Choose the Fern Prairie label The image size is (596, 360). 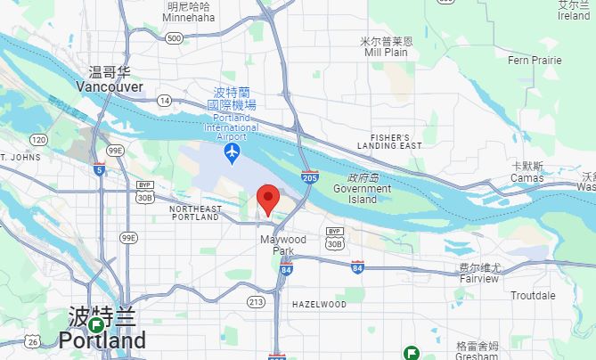click(535, 61)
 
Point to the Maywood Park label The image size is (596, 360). click(282, 245)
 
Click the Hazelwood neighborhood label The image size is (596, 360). click(319, 305)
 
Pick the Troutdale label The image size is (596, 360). click(533, 296)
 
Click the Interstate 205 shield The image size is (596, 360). click(309, 178)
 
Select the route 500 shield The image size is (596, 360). click(174, 37)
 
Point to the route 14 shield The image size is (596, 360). click(165, 101)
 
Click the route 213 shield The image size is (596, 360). click(256, 302)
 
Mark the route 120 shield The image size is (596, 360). click(37, 140)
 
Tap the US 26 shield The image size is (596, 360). click(33, 340)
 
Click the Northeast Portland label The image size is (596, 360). click(194, 212)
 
